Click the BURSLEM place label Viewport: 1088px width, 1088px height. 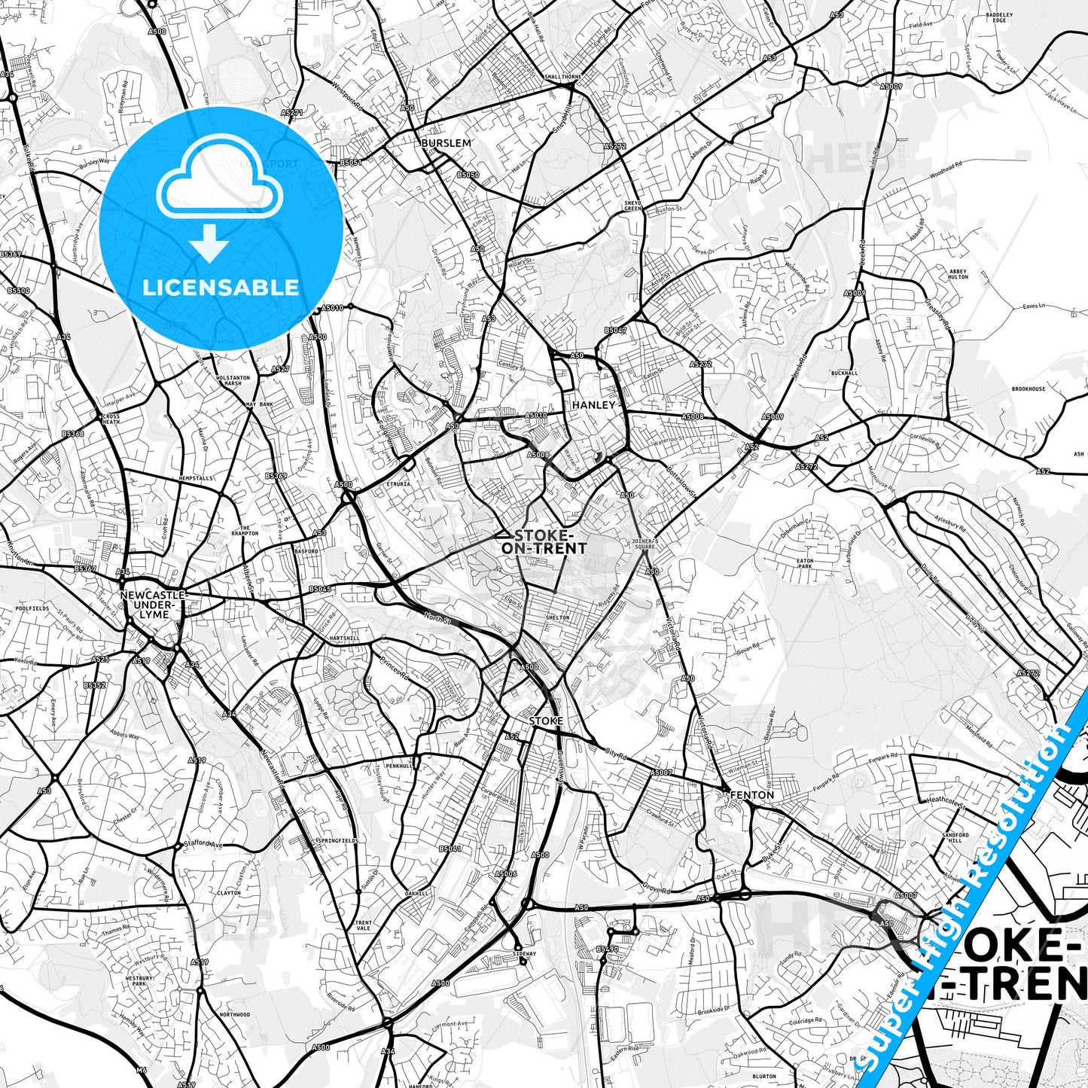pos(446,142)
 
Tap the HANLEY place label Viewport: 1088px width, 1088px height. pos(593,405)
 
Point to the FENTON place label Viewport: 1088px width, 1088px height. pos(751,795)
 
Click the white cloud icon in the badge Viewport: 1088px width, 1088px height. pos(221,179)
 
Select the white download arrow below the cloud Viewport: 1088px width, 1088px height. pos(209,242)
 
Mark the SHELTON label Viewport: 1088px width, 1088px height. pos(557,617)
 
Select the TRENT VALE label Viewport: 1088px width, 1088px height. pos(364,925)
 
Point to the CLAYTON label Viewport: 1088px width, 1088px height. pos(229,893)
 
